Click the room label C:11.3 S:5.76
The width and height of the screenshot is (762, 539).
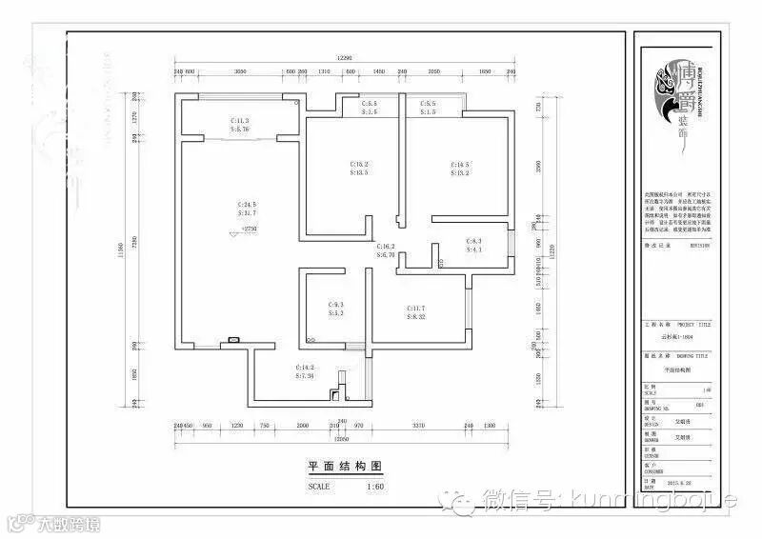[240, 126]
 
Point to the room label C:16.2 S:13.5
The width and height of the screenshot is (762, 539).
[359, 169]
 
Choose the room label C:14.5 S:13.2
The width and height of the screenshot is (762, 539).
[461, 169]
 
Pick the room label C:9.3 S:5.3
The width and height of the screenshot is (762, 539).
[336, 309]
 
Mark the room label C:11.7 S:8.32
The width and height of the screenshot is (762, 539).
[417, 312]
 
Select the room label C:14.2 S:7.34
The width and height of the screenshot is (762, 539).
[305, 371]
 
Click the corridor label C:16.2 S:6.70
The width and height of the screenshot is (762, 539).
[386, 251]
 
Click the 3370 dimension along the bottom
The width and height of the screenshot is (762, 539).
[416, 426]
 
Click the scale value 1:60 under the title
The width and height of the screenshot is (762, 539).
[375, 486]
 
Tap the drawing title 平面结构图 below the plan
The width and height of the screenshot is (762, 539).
[345, 467]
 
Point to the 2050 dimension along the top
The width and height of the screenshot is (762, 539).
[433, 72]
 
